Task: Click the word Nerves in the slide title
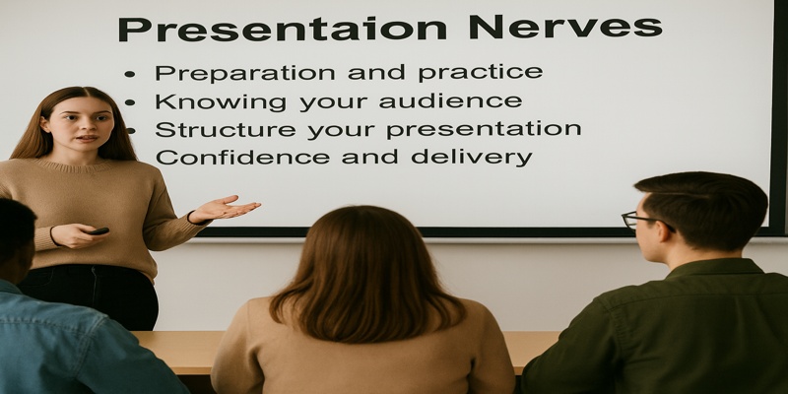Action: (x=564, y=28)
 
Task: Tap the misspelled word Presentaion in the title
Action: (x=283, y=29)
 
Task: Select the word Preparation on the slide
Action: (x=244, y=73)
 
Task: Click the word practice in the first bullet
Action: (x=481, y=73)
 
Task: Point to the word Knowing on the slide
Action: (x=221, y=102)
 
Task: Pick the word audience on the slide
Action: (x=450, y=101)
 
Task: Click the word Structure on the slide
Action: (x=226, y=130)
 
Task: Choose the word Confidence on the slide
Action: (x=242, y=158)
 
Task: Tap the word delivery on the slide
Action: (x=472, y=158)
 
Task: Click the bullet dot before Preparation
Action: (x=130, y=74)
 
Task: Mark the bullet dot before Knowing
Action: (x=130, y=102)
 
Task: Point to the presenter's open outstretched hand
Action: (x=225, y=208)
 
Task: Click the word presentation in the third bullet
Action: (x=484, y=130)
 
